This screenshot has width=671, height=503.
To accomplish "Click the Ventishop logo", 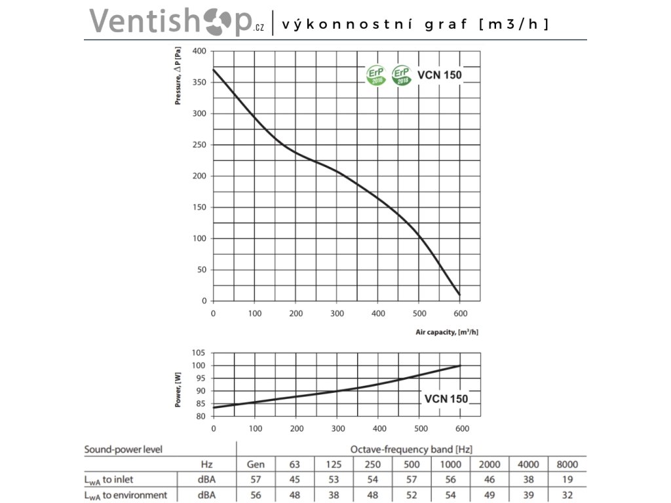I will point(176,21).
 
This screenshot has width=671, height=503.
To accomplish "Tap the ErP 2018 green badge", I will point(401,75).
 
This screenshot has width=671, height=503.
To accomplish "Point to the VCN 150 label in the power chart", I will point(446,398).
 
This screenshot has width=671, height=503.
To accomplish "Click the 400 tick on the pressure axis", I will point(199,51).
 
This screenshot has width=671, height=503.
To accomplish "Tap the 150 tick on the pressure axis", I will point(199,208).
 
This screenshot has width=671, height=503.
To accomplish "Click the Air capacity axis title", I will point(447,332).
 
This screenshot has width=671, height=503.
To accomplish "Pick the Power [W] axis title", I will point(178,390).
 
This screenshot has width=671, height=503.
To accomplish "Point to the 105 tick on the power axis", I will point(199,353).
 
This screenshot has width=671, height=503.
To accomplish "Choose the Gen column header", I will point(256,464).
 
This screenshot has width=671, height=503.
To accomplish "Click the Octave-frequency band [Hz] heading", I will point(412,449).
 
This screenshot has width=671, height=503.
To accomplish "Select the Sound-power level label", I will point(123,449).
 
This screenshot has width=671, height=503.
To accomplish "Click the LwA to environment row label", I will point(126,494).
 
